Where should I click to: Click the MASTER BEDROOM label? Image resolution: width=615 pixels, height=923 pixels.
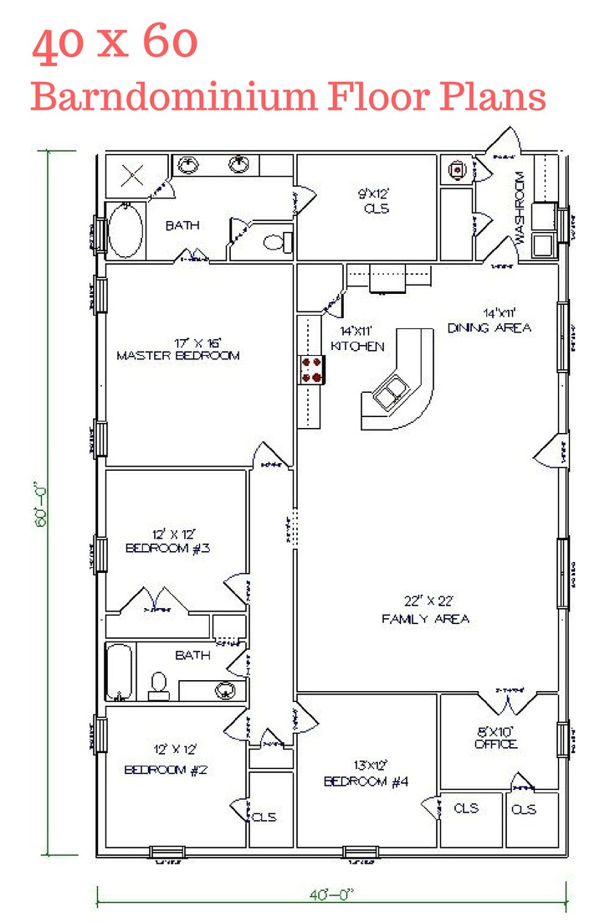tap(177, 355)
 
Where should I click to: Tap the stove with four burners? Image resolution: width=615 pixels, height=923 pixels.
tap(313, 369)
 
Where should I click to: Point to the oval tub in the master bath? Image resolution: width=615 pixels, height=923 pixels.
tap(126, 230)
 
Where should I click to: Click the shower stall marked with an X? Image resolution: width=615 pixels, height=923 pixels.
tap(132, 176)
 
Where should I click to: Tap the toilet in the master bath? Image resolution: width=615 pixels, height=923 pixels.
tap(276, 244)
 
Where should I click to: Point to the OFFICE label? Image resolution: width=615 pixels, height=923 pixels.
tap(495, 743)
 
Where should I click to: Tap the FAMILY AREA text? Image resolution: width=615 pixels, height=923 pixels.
tap(425, 619)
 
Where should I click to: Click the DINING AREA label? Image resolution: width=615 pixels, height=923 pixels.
tap(489, 327)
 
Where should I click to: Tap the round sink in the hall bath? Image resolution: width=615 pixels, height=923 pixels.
tap(224, 691)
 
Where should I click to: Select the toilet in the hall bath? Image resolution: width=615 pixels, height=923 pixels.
tap(158, 685)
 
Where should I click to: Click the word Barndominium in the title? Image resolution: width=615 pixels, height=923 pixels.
tap(174, 97)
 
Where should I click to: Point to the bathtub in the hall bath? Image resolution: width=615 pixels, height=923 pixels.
tap(120, 672)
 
